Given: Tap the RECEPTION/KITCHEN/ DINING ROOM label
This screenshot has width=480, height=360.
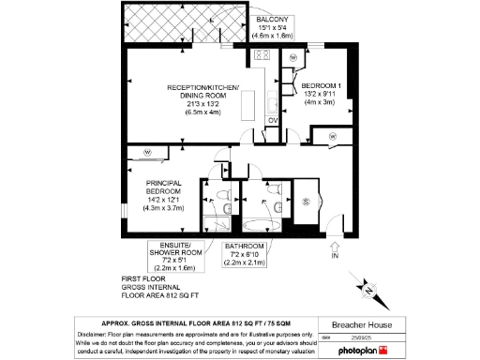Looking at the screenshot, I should (202, 92).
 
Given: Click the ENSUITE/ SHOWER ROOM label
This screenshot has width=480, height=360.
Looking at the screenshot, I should (172, 252).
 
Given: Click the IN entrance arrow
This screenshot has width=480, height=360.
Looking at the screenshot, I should (335, 249).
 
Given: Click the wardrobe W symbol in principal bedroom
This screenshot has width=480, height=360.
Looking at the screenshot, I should (147, 153).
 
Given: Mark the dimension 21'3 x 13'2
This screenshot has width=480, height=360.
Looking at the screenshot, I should (203, 103).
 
